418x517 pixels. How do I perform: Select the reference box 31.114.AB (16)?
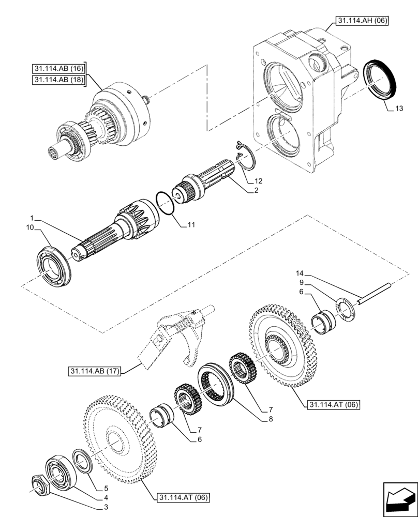tap(58, 68)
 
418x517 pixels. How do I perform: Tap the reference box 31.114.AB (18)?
tap(58, 80)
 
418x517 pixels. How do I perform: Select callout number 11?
tap(191, 225)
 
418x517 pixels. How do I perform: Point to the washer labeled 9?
tap(344, 308)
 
